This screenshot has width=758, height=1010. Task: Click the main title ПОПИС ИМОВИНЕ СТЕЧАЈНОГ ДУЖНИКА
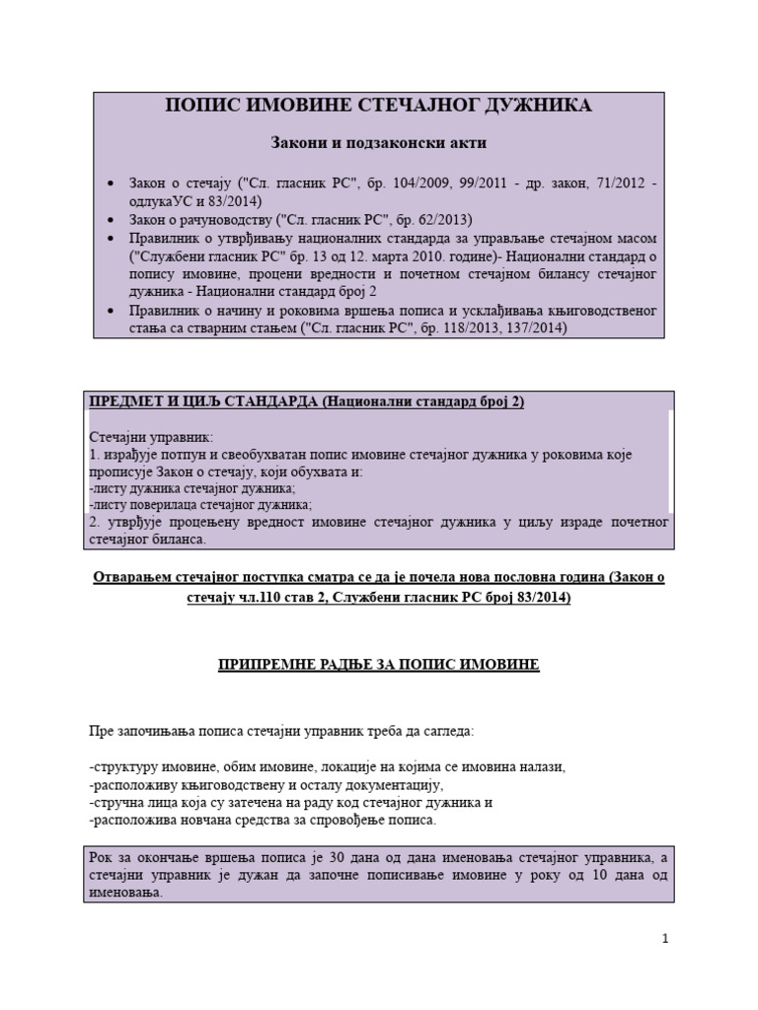(378, 106)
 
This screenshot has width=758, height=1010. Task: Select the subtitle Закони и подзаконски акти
(378, 143)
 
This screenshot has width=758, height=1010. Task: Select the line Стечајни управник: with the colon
(150, 436)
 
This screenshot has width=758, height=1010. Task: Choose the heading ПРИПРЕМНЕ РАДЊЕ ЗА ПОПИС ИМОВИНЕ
(378, 666)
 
